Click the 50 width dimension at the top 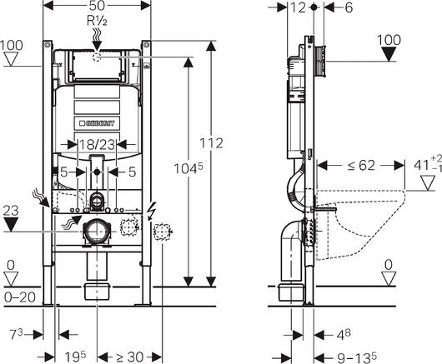tap(97, 5)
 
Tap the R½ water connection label tap(97, 21)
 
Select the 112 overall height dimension tap(211, 143)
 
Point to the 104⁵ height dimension tap(188, 168)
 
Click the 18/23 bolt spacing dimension tap(97, 145)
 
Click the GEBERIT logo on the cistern tap(98, 123)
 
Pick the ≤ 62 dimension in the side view tap(361, 165)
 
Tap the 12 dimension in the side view tap(298, 7)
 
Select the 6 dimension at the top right tap(349, 7)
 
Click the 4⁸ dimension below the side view tap(344, 335)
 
